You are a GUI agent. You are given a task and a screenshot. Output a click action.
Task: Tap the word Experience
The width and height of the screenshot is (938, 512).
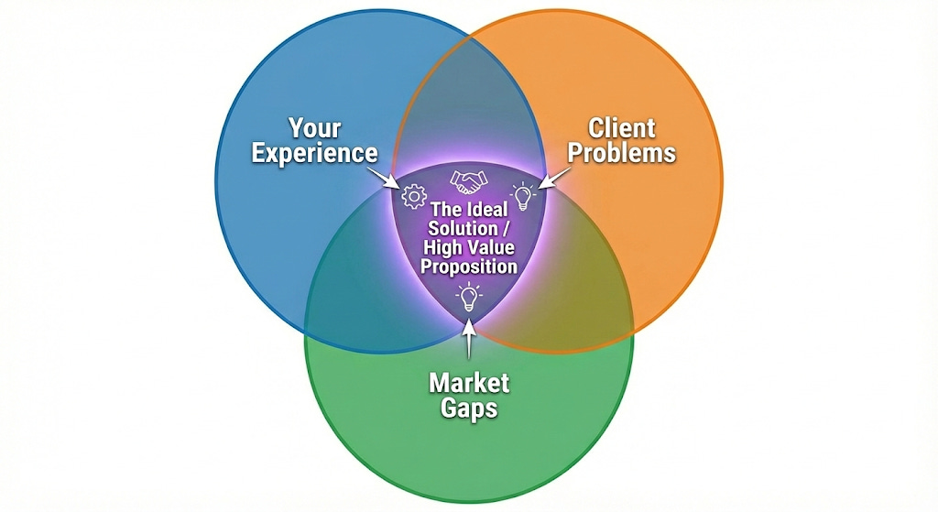pos(314,153)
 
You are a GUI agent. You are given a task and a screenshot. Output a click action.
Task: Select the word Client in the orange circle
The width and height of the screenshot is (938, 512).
pos(622,125)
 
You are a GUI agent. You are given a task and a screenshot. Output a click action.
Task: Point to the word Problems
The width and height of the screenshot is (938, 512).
pos(623,152)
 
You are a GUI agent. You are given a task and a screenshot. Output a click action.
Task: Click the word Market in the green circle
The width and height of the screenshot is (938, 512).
pos(469,380)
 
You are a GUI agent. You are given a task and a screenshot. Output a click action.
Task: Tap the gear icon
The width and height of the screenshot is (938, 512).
pos(415,194)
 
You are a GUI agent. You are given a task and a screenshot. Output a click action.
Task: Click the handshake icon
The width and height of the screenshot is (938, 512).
pos(469,180)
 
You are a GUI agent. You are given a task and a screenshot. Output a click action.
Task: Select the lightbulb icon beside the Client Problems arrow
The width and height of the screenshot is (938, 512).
pos(522,195)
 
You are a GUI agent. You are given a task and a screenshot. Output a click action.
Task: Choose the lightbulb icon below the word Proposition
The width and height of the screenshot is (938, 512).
pos(469,295)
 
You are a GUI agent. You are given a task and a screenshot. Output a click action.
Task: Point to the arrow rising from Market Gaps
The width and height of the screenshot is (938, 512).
pos(469,339)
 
